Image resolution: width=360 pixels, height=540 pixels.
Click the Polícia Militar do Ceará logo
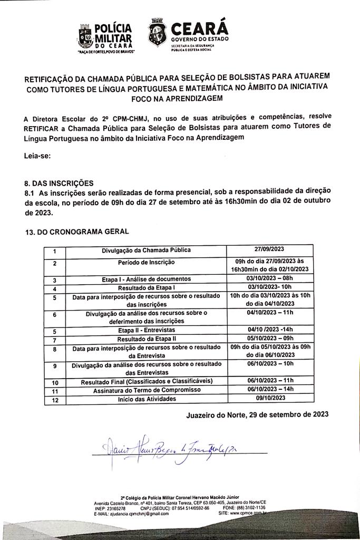pos(106,36)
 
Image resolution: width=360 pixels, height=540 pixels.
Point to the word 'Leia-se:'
pos(38,156)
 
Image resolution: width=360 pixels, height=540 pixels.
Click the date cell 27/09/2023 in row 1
pos(270,249)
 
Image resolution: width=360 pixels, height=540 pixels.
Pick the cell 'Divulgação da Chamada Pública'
pos(146,250)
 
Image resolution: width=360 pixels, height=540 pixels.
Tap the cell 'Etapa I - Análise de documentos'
pos(146,278)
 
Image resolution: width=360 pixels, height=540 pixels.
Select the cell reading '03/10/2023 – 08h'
pos(270,278)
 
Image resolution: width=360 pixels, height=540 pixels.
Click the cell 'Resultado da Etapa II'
pos(146,340)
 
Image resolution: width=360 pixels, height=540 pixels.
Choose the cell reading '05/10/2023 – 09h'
pos(270,339)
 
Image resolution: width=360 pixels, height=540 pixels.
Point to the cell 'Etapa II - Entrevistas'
pos(146,331)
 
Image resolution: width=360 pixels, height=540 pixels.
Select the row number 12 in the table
pos(55,399)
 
